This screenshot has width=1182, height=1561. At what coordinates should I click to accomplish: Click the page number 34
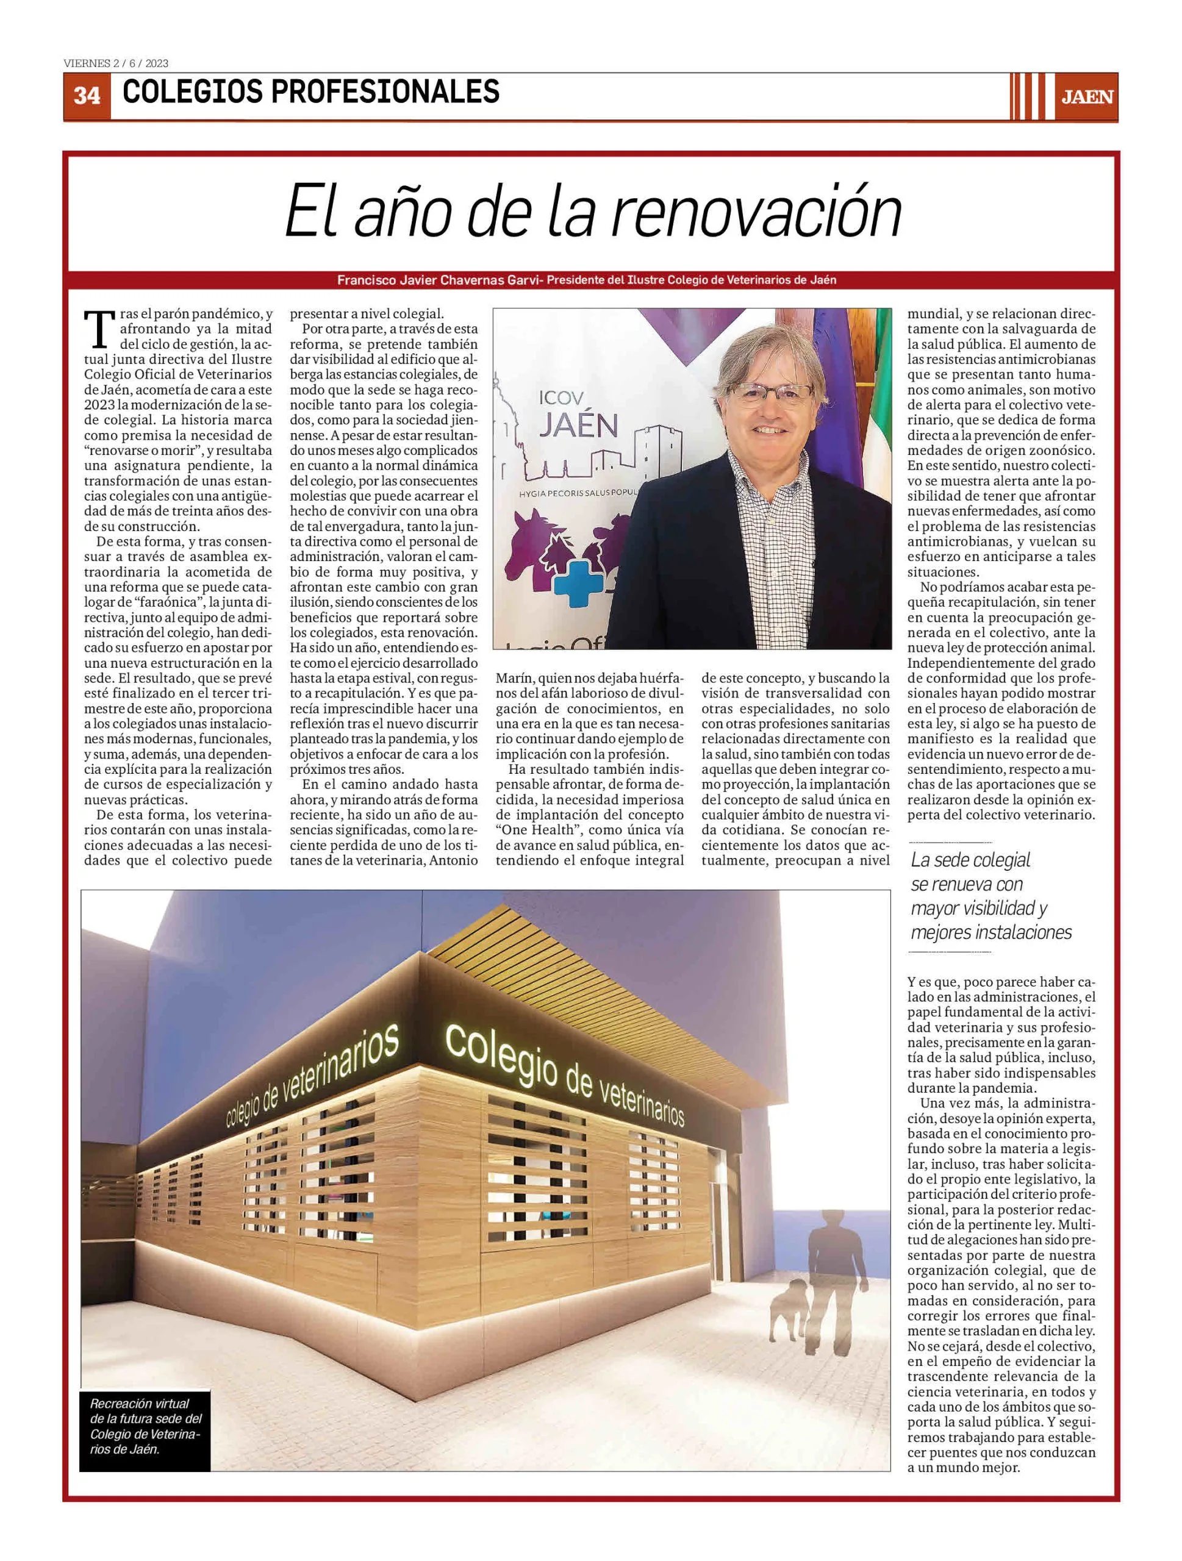[x=87, y=95]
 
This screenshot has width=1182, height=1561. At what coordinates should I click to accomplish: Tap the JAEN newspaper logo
[x=1087, y=97]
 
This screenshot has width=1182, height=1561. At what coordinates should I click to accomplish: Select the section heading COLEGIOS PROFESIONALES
[x=310, y=91]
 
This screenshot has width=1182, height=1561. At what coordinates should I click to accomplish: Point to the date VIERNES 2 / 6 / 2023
[x=116, y=63]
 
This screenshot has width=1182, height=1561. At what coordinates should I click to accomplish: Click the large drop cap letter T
[x=99, y=329]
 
